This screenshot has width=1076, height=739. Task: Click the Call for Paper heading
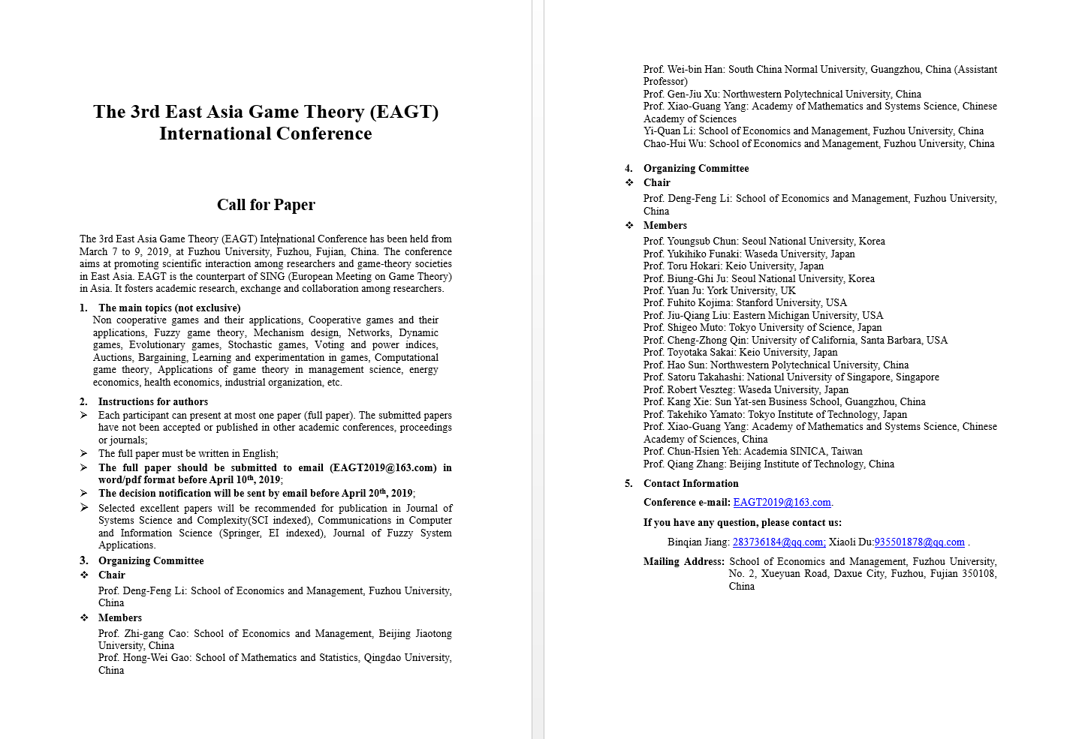pos(266,205)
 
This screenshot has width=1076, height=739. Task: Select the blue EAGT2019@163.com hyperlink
pos(782,503)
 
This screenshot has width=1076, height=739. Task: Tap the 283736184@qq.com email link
pos(779,542)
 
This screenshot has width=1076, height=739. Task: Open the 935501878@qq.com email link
pos(919,542)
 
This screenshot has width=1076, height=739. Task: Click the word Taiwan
pos(846,452)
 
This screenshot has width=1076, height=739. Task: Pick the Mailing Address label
pos(683,562)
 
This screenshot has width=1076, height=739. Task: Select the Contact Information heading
pos(691,484)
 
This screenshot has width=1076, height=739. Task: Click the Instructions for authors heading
pos(153,402)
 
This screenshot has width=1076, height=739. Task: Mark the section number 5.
pos(628,484)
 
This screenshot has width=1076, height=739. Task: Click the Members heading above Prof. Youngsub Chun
pos(665,226)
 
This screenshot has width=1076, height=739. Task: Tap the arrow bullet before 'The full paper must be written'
pos(84,454)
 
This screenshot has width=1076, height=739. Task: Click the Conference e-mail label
pos(686,503)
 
